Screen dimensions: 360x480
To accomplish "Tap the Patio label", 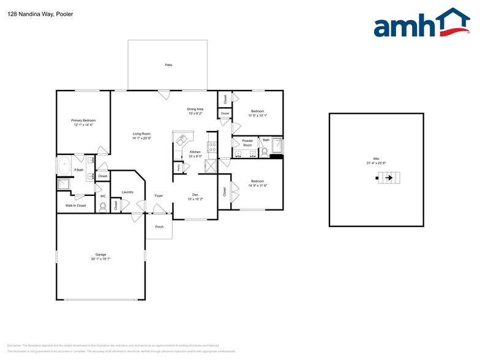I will point(168,64).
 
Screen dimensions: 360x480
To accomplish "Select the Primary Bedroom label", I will point(83,121).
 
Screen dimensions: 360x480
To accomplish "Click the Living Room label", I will point(142,133).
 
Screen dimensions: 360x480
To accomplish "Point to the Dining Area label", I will point(195,109).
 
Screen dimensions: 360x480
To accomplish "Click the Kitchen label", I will point(195,152).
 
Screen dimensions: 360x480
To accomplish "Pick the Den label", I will point(195,195).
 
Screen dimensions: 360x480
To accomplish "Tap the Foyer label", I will point(158,196).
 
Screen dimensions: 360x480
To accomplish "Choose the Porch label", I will point(159,226).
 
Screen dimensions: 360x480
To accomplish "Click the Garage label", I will point(100,255).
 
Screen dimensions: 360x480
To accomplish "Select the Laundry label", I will point(127,192).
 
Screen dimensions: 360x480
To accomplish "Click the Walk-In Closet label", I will point(76,206).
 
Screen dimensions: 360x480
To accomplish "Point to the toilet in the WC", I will point(103,206).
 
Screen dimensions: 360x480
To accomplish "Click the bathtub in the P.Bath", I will point(64,164).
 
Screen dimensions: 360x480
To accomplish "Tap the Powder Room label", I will point(247,143).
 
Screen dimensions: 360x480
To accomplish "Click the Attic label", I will point(377,159).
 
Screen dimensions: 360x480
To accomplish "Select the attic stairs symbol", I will point(385,178).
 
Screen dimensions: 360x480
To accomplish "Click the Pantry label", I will point(178,167).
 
